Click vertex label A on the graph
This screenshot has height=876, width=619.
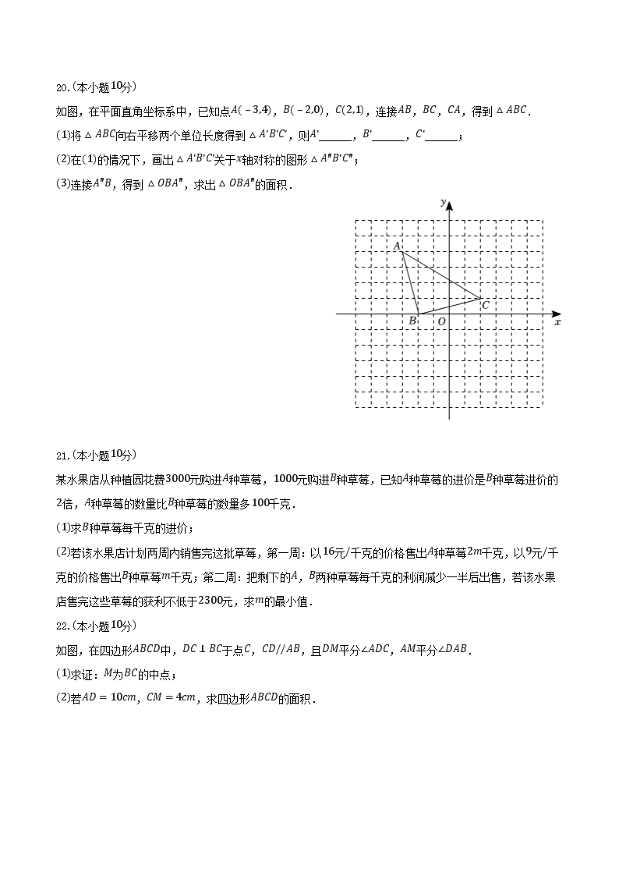click(x=397, y=246)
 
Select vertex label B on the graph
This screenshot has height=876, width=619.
click(x=412, y=321)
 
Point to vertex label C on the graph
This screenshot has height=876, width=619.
click(x=486, y=304)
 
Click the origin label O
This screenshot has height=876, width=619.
click(x=441, y=321)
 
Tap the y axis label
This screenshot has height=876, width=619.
click(x=442, y=202)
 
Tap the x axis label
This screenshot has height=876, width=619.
click(x=557, y=321)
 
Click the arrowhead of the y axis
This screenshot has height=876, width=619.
click(x=449, y=205)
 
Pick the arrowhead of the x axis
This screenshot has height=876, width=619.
click(x=554, y=314)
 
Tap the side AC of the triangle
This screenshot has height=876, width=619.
click(x=441, y=274)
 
